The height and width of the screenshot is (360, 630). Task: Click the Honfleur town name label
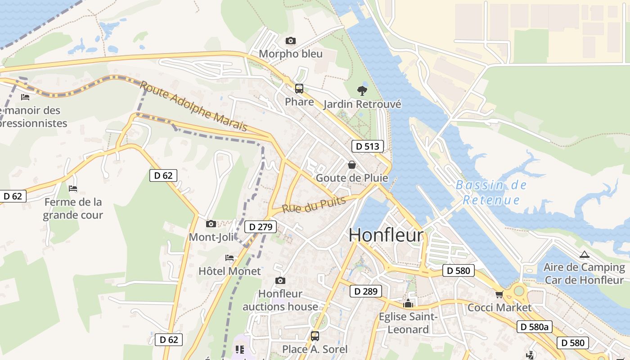click(x=386, y=235)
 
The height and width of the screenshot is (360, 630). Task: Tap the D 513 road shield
click(x=368, y=146)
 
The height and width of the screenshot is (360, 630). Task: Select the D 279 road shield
click(x=260, y=227)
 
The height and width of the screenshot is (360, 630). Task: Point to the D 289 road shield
click(x=366, y=291)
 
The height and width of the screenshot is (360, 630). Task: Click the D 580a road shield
click(x=534, y=327)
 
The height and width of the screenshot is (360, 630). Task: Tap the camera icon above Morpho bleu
click(x=291, y=41)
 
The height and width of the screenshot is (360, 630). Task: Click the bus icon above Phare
click(x=299, y=89)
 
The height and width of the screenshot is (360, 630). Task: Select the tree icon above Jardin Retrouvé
click(x=362, y=91)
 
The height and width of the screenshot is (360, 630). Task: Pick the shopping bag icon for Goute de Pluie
click(x=352, y=165)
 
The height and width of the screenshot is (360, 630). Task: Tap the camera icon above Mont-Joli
click(x=211, y=224)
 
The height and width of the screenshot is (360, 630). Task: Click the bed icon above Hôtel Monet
click(x=229, y=258)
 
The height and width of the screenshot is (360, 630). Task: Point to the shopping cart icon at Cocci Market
click(x=499, y=295)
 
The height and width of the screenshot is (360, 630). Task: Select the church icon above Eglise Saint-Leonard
click(x=408, y=303)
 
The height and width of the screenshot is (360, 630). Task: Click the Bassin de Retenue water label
click(x=491, y=192)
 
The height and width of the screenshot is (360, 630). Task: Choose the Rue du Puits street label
click(x=314, y=205)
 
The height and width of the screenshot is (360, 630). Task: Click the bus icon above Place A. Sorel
click(x=315, y=336)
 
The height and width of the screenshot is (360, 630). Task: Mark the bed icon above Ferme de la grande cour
click(x=73, y=189)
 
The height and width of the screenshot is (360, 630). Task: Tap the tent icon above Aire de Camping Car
click(x=584, y=255)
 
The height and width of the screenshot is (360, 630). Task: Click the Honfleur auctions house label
click(x=280, y=300)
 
